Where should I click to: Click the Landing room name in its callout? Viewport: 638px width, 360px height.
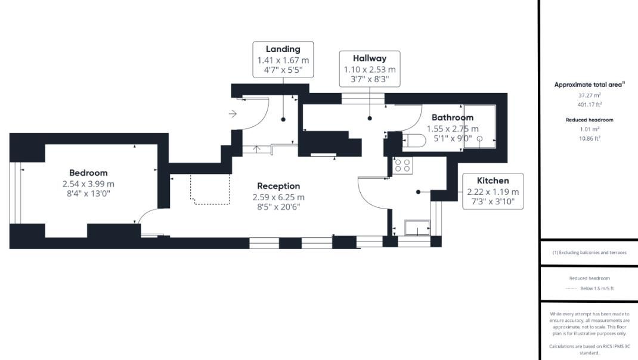[283, 49]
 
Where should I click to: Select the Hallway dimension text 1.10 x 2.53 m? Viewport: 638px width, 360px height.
[369, 69]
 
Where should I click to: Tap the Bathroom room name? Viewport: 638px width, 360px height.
[452, 117]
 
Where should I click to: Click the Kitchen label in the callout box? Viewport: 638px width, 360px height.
[493, 181]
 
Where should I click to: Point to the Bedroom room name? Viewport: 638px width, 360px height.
[88, 173]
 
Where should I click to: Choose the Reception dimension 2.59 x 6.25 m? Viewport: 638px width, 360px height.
[278, 197]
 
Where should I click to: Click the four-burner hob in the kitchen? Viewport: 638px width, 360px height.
[402, 165]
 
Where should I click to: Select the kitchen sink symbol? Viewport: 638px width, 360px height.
[417, 227]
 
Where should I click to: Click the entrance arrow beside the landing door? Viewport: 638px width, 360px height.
[233, 113]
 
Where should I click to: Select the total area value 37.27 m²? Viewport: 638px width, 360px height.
[589, 95]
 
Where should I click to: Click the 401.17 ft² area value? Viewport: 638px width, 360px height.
[589, 105]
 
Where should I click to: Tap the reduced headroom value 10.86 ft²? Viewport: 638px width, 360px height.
[589, 138]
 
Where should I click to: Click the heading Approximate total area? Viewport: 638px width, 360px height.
[589, 85]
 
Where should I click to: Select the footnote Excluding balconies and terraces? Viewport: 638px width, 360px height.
[589, 253]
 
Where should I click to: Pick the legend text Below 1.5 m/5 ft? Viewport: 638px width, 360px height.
[596, 288]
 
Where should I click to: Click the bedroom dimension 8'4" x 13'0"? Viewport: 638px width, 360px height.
[88, 194]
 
